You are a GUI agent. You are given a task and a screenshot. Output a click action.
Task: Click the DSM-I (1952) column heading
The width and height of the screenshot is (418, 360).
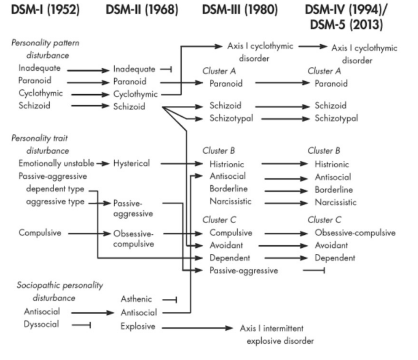44,9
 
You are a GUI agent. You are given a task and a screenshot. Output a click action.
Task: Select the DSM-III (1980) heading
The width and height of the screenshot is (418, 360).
240,9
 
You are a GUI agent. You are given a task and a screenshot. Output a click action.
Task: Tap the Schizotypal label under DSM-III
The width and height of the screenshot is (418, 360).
231,119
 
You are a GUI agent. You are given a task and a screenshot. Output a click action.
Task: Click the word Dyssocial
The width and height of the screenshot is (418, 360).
41,324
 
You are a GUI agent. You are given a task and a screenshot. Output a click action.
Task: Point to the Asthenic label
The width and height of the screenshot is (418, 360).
136,300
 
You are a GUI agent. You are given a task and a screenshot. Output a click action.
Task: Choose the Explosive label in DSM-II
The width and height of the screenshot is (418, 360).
138,327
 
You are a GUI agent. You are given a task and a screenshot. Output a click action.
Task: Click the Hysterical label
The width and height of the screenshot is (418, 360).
131,164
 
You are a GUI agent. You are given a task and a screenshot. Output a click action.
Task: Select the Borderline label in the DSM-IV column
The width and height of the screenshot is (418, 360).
334,190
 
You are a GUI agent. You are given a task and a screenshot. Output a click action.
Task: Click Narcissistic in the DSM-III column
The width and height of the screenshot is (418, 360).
231,202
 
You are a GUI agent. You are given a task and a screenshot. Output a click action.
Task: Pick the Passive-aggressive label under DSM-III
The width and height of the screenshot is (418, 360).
244,270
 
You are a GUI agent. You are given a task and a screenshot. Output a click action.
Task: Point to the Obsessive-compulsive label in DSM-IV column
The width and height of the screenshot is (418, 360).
355,233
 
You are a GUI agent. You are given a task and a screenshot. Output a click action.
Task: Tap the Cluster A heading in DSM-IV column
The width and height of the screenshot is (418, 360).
324,71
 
